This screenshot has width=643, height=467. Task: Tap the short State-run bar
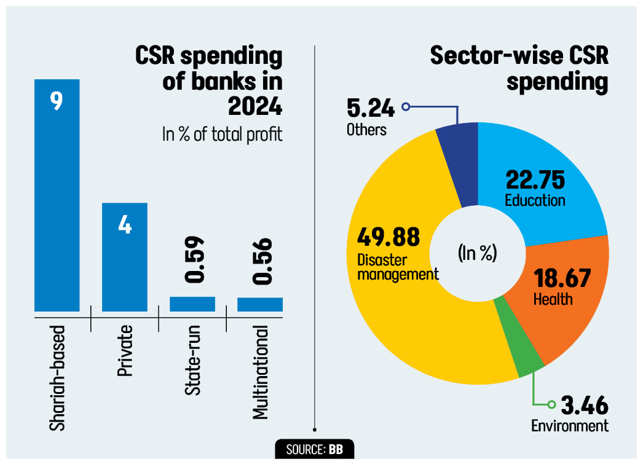pyautogui.click(x=192, y=304)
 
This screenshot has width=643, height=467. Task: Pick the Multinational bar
pyautogui.click(x=260, y=305)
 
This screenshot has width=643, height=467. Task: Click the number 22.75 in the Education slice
pyautogui.click(x=535, y=180)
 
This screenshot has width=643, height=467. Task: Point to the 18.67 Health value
pyautogui.click(x=561, y=278)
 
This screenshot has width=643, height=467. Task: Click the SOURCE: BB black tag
pyautogui.click(x=314, y=449)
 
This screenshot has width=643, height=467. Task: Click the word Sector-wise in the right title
pyautogui.click(x=503, y=57)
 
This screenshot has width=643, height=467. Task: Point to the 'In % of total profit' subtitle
pyautogui.click(x=222, y=134)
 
